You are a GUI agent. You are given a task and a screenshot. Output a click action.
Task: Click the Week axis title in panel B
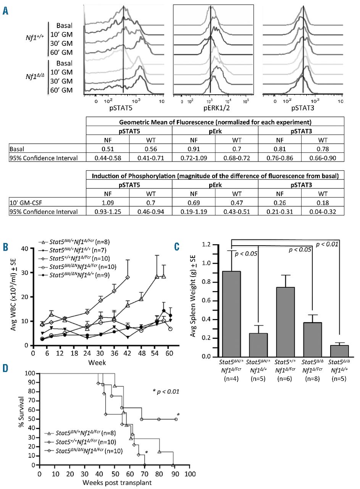point(98,362)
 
